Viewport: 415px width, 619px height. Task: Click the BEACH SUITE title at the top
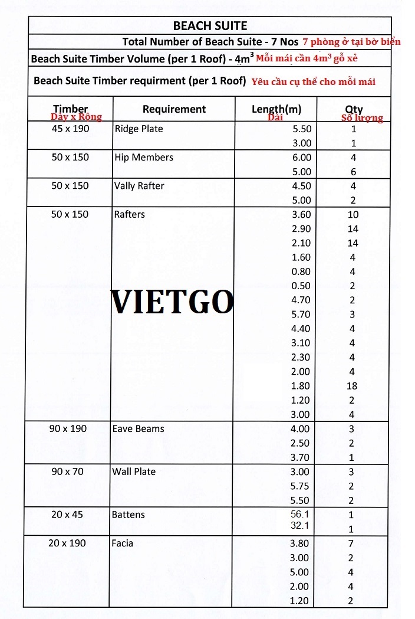pyautogui.click(x=210, y=25)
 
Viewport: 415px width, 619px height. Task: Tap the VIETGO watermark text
pyautogui.click(x=172, y=302)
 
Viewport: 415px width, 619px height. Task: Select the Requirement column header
pyautogui.click(x=174, y=109)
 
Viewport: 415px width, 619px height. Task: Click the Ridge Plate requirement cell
pyautogui.click(x=139, y=129)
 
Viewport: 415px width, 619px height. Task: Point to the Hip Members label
pyautogui.click(x=143, y=158)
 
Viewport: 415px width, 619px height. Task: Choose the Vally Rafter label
pyautogui.click(x=139, y=186)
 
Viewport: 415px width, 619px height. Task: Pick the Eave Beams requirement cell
pyautogui.click(x=138, y=429)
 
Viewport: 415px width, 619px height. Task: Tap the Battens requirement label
pyautogui.click(x=128, y=515)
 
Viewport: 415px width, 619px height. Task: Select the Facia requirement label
pyautogui.click(x=123, y=543)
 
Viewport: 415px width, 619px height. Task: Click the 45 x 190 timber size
pyautogui.click(x=70, y=129)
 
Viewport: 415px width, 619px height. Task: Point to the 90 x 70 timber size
pyautogui.click(x=67, y=471)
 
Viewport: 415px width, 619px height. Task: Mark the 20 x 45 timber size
pyautogui.click(x=67, y=515)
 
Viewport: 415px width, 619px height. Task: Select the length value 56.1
pyautogui.click(x=300, y=514)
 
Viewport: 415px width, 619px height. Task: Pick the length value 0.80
pyautogui.click(x=301, y=271)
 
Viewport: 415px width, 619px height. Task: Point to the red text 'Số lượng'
pyautogui.click(x=362, y=118)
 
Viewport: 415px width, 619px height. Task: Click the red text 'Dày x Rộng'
pyautogui.click(x=77, y=117)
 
